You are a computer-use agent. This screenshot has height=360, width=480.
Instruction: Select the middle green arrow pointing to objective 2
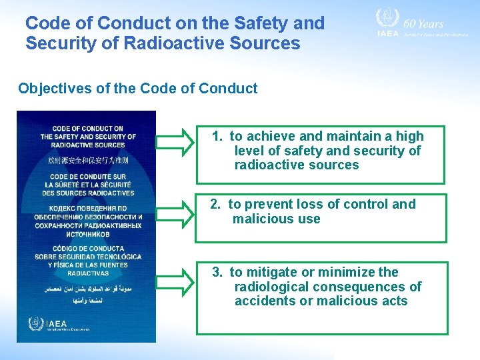(175, 213)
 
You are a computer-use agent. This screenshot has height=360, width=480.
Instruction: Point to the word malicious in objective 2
(259, 219)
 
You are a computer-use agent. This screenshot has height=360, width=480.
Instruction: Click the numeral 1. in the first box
(217, 136)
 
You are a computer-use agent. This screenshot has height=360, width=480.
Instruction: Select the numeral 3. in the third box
(218, 272)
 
